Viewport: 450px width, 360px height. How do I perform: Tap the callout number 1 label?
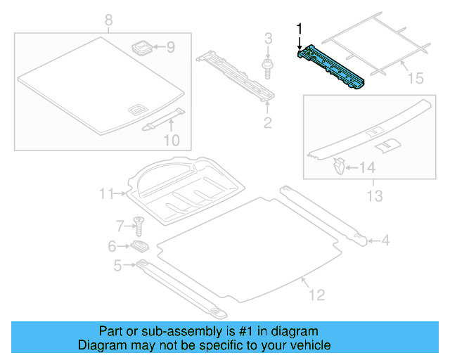300,29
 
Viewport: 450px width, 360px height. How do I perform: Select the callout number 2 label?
267,124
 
